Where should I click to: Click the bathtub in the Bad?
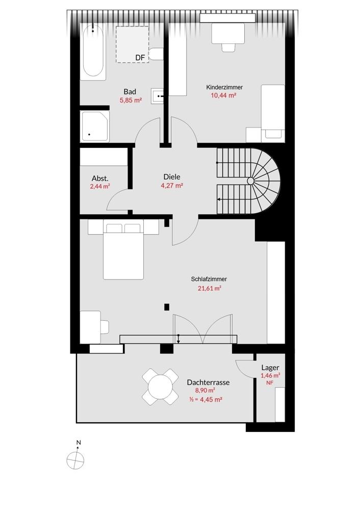93,52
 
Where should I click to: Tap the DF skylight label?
140,58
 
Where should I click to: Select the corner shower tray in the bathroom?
95,126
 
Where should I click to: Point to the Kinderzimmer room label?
224,87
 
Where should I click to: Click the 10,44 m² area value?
223,95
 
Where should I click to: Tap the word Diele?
172,177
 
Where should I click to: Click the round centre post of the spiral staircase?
251,181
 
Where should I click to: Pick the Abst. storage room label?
100,178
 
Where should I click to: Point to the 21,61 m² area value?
210,288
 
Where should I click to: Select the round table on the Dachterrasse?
160,387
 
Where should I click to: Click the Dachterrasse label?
208,382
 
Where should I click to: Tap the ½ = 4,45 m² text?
205,399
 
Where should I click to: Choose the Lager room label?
270,368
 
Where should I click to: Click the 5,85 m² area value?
131,100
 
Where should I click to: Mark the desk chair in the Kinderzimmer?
228,47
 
